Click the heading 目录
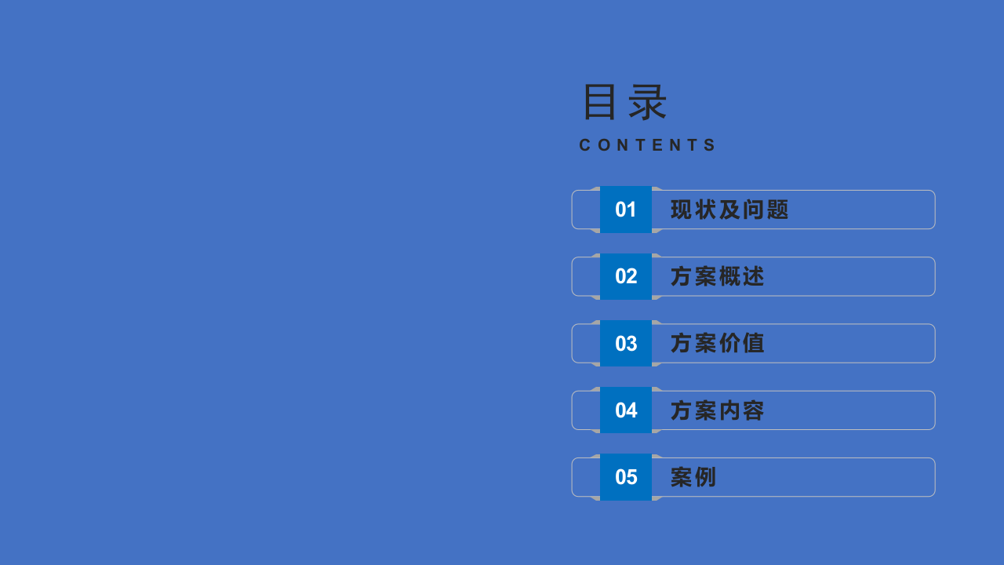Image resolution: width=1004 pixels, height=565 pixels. click(624, 103)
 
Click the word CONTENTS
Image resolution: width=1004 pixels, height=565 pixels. click(648, 145)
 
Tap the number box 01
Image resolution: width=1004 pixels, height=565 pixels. click(626, 210)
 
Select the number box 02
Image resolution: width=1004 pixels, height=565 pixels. click(626, 276)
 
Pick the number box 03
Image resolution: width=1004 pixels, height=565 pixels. click(626, 344)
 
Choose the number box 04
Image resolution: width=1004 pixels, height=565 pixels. click(626, 410)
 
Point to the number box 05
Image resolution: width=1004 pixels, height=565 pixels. click(626, 477)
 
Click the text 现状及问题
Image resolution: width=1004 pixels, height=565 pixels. click(729, 210)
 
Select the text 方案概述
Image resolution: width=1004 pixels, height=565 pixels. click(717, 276)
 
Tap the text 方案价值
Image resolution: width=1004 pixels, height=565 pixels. click(717, 344)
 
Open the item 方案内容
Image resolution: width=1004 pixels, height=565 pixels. click(717, 410)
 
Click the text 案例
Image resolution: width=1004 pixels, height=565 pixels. click(693, 477)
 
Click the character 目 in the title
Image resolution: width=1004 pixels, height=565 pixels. click(600, 103)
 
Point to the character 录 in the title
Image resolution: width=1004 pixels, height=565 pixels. click(648, 103)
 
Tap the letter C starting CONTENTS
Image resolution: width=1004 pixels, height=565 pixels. click(585, 145)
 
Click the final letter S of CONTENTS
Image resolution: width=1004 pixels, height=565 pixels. click(711, 145)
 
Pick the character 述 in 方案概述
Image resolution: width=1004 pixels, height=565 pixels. click(754, 276)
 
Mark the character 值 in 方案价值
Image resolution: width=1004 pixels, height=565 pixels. click(754, 344)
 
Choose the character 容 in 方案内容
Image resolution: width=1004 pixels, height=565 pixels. click(754, 410)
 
